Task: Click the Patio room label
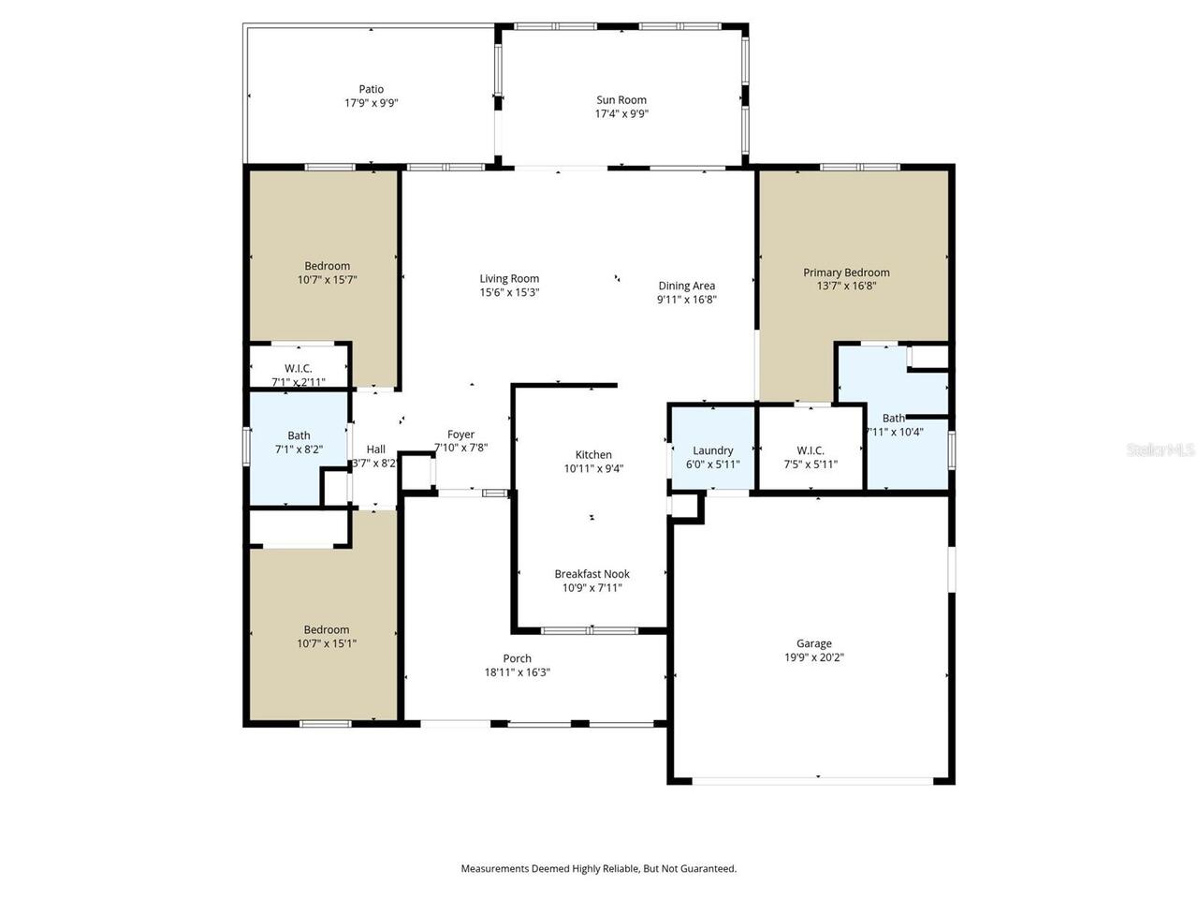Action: pos(371,90)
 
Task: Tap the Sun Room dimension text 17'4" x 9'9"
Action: pos(621,114)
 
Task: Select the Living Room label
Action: pos(509,278)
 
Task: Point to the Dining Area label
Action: pos(686,286)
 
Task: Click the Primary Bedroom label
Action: pos(846,273)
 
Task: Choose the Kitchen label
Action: pos(593,455)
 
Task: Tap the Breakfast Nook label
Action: pos(592,574)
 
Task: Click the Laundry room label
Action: pos(712,450)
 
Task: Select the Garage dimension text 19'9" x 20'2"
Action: pos(813,657)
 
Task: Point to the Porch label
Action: pos(517,658)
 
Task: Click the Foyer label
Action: pos(460,435)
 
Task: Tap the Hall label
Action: pos(375,449)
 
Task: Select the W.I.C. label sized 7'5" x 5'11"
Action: pos(810,450)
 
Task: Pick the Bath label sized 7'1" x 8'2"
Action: pos(299,435)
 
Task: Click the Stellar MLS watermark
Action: pos(1161,450)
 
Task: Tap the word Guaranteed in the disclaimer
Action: pos(711,869)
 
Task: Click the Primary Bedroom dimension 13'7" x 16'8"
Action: pos(846,287)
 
